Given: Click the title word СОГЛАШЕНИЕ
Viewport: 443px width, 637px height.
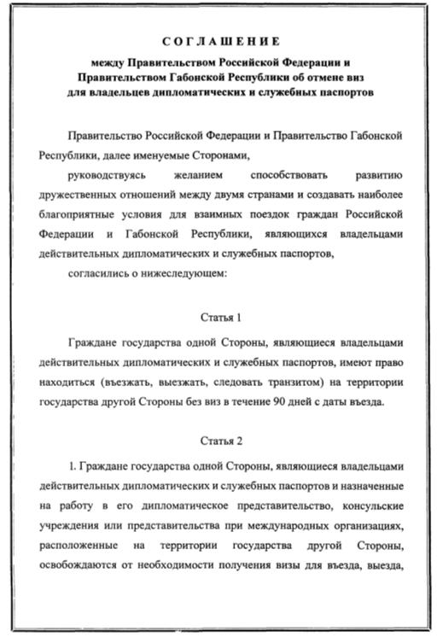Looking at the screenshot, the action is (222, 39).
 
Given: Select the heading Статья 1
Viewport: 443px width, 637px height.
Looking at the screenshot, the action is (221, 317).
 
